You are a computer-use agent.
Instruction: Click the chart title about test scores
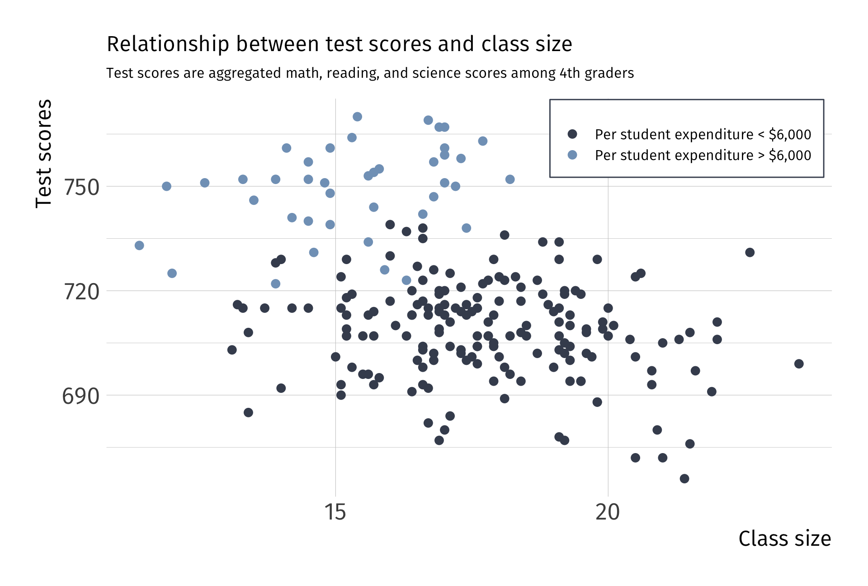(339, 44)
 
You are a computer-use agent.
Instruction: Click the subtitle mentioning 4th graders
(370, 73)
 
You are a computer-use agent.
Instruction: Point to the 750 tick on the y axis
(81, 187)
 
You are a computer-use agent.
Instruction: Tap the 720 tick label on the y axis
(81, 292)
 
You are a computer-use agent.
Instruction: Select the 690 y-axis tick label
(80, 396)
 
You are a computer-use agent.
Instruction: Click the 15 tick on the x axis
(335, 512)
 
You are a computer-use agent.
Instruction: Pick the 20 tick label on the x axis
(607, 512)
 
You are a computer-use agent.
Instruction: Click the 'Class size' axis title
(784, 539)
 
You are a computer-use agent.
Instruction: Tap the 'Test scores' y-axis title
(44, 154)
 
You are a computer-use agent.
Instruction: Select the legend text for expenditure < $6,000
(703, 134)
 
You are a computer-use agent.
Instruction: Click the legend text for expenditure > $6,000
(703, 155)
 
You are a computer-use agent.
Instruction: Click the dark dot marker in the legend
(572, 134)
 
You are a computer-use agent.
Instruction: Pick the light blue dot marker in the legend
(572, 155)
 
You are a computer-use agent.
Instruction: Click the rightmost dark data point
(799, 364)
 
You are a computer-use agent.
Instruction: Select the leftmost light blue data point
(139, 246)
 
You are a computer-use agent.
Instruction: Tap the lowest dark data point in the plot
(684, 478)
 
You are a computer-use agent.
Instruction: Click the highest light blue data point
(357, 117)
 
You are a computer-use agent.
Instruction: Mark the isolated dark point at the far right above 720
(750, 252)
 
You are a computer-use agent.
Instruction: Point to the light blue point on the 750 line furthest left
(166, 186)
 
